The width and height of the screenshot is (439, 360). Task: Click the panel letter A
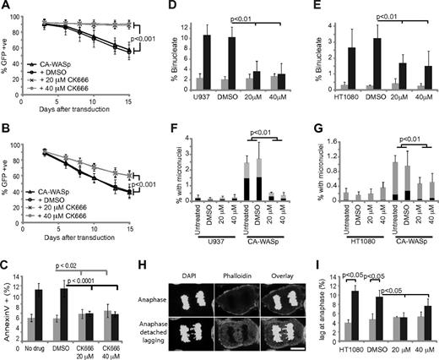7,7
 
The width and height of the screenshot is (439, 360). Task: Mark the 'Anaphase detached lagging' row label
177,330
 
